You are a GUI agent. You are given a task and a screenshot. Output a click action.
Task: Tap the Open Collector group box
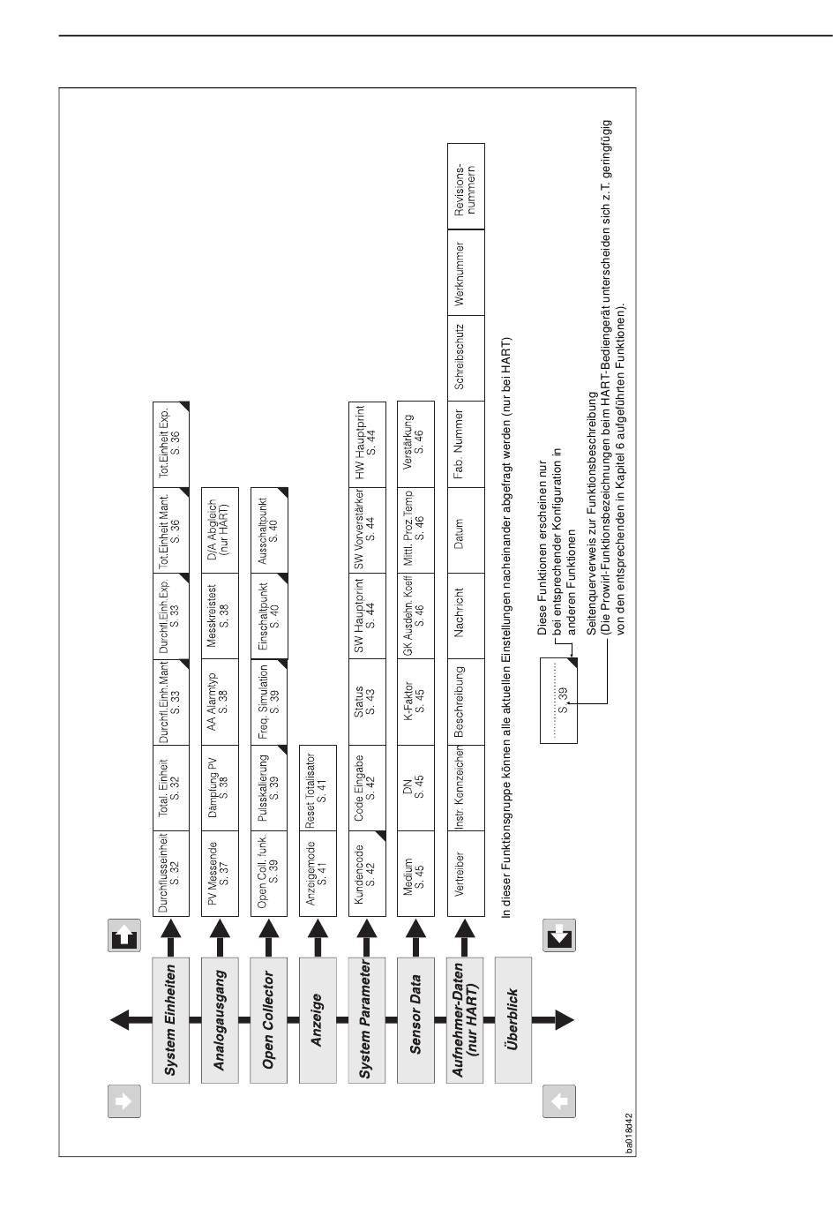(x=268, y=1019)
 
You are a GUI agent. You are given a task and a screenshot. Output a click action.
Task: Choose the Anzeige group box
(x=318, y=1019)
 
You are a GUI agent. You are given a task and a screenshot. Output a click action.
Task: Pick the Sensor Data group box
(x=415, y=1019)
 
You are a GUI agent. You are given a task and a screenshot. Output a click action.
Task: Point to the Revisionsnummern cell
(x=466, y=186)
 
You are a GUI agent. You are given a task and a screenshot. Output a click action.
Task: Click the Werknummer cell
(x=466, y=272)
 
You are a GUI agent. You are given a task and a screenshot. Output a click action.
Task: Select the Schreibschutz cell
(x=466, y=357)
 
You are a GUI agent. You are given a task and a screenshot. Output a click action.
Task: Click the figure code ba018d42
(x=628, y=1131)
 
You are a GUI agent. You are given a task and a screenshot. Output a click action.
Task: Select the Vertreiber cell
(x=466, y=875)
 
